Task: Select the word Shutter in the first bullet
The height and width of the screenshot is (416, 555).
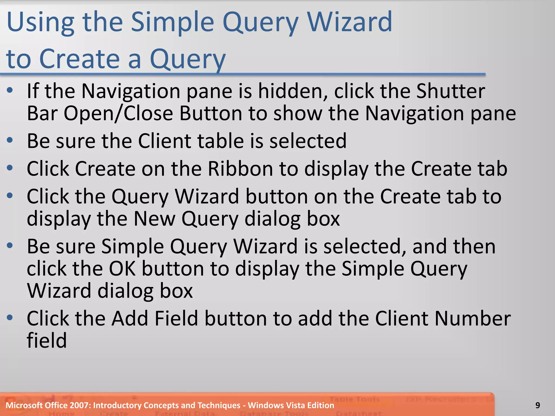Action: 450,91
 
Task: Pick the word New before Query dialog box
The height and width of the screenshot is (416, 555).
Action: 154,219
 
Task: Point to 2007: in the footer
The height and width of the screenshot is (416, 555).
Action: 80,405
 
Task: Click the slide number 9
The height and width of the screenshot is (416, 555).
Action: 538,405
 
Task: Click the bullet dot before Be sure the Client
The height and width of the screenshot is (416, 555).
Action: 10,140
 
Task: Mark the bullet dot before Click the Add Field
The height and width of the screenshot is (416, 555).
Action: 10,317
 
